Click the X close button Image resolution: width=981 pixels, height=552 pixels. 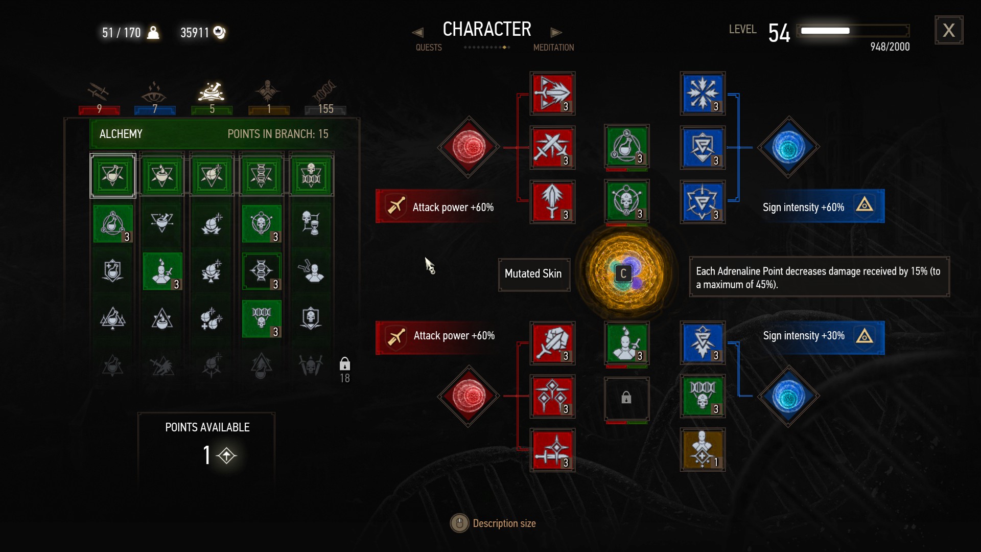949,30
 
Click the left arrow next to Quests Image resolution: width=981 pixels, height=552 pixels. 417,33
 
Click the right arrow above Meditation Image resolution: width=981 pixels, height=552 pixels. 556,33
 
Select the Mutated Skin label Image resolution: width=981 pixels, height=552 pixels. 533,274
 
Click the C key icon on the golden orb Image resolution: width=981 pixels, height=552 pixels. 623,274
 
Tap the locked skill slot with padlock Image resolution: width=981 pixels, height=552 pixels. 626,398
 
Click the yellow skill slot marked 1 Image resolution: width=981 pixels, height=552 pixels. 703,450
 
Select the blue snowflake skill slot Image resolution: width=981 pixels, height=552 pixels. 703,94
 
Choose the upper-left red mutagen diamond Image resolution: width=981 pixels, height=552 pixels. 469,147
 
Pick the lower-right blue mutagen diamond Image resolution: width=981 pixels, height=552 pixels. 788,396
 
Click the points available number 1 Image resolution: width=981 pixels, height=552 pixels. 207,455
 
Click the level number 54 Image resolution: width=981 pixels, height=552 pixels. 779,33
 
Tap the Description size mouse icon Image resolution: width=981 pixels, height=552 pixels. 459,523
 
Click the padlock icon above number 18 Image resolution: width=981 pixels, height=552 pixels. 345,364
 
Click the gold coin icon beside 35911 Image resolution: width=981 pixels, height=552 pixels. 219,32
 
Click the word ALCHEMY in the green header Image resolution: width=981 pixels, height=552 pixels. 121,134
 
